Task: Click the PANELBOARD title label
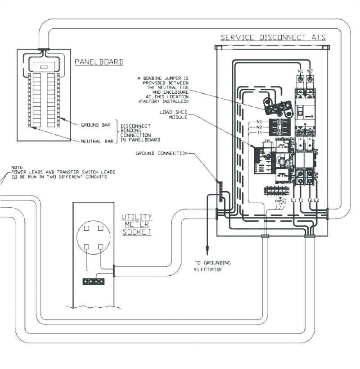(99, 62)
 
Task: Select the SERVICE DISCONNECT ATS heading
(273, 37)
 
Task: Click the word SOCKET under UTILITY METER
(137, 232)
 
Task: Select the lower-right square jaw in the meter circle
(101, 246)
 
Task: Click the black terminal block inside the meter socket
(94, 282)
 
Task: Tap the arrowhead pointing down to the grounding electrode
(207, 253)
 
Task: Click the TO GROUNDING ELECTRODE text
(212, 266)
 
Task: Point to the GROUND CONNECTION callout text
(162, 153)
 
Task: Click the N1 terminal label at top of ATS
(300, 72)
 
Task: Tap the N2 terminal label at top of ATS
(310, 72)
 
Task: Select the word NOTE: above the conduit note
(17, 167)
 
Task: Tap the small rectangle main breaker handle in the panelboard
(44, 67)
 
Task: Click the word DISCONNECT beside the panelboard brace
(136, 126)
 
